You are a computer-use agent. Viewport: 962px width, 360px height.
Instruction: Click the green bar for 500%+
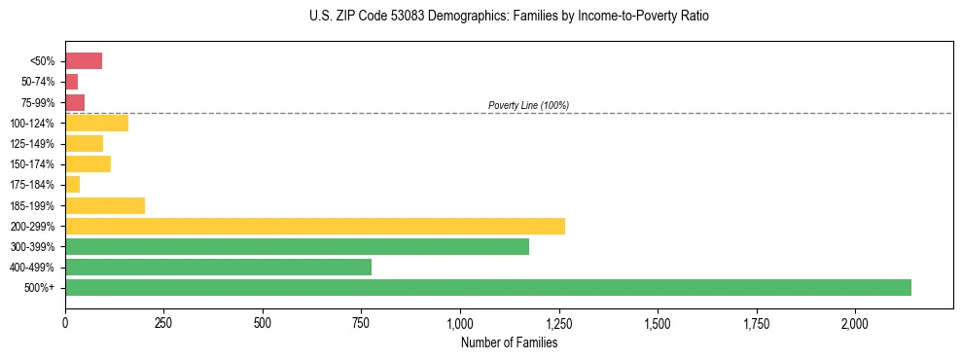click(487, 287)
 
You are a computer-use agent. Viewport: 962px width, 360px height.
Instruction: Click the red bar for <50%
click(84, 61)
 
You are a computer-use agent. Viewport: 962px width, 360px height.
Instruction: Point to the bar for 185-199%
click(105, 205)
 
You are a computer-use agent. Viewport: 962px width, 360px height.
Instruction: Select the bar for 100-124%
click(96, 123)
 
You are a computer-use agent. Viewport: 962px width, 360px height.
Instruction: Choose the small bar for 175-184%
click(73, 185)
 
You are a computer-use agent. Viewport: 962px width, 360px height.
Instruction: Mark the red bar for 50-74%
click(72, 82)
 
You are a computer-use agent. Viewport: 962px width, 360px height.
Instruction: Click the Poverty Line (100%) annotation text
click(528, 105)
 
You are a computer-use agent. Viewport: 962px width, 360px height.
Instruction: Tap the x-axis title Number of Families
click(510, 342)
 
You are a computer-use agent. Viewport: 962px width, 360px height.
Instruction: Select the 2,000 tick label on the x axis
click(855, 323)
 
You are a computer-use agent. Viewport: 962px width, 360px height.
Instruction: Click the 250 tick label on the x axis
click(163, 323)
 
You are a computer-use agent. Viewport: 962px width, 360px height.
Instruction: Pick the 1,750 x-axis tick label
click(756, 323)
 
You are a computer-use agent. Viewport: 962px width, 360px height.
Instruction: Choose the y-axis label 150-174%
click(34, 164)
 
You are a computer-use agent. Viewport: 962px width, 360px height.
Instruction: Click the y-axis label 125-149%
click(34, 144)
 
